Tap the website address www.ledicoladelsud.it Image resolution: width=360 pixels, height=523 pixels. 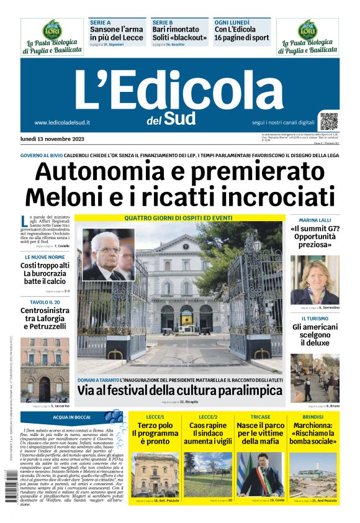63,123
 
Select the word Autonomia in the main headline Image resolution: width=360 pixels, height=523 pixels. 101,171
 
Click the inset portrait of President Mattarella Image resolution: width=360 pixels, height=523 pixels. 108,255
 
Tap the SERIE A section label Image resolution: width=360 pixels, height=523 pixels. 100,22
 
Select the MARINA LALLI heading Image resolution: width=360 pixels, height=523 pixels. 315,221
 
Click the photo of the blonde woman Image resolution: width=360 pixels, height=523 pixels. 315,280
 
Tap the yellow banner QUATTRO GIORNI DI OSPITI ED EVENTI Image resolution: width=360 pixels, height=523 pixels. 178,218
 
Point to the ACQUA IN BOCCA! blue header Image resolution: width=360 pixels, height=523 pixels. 71,417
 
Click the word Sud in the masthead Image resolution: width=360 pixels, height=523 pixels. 181,118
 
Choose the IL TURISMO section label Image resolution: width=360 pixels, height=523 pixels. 315,319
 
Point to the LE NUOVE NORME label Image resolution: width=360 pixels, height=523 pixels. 45,257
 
